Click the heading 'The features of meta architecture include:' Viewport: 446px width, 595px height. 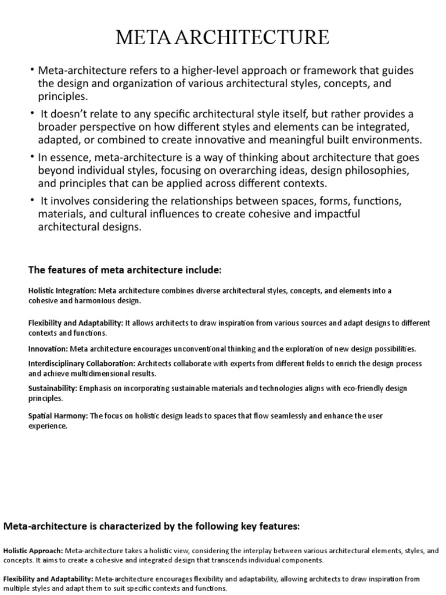coord(125,271)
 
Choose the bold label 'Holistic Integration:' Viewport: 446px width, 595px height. coord(62,291)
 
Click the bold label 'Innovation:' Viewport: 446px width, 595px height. coord(48,349)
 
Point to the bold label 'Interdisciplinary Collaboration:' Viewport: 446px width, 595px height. coord(81,363)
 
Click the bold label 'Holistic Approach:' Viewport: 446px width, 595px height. coord(34,550)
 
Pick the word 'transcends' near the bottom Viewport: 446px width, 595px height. coord(229,560)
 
